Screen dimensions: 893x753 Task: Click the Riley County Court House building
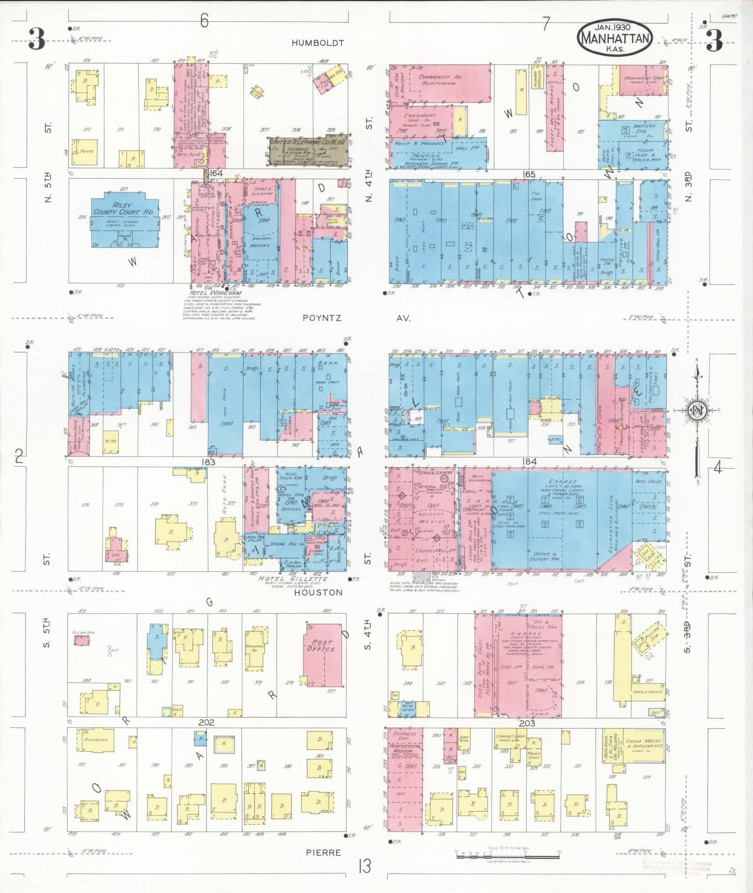tap(124, 221)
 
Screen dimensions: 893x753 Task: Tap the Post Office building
tap(323, 654)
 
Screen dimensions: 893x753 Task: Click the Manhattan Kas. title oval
tap(614, 38)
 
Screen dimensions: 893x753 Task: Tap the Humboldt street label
tap(317, 43)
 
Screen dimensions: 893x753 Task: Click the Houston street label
tap(318, 592)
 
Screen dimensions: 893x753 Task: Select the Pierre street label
tap(323, 853)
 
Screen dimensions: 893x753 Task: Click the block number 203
tap(527, 723)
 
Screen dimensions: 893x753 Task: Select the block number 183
tap(207, 462)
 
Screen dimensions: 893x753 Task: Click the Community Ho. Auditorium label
tap(440, 80)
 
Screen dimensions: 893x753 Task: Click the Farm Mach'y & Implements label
tap(645, 743)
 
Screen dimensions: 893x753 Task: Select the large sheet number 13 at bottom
tap(364, 866)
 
